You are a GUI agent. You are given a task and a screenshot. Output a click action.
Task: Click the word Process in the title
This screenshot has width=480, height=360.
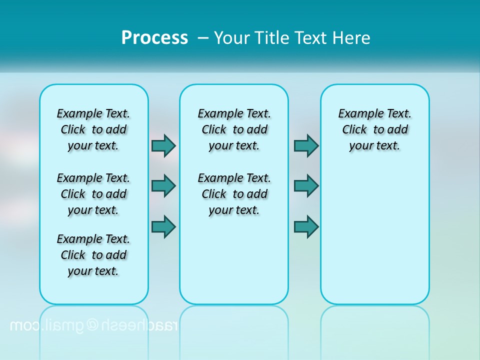pyautogui.click(x=154, y=38)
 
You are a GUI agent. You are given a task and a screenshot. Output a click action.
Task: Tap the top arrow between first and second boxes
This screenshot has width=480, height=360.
pyautogui.click(x=163, y=145)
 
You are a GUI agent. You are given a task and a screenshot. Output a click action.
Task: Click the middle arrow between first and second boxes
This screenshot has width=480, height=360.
pyautogui.click(x=163, y=186)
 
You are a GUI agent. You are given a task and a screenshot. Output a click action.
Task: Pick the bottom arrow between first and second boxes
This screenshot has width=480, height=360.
pyautogui.click(x=163, y=226)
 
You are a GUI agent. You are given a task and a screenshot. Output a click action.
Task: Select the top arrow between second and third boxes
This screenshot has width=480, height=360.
pyautogui.click(x=306, y=145)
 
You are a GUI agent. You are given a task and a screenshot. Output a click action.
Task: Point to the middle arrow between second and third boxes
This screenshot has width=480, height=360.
pyautogui.click(x=306, y=186)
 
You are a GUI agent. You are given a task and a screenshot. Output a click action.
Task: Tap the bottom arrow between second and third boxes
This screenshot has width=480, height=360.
pyautogui.click(x=306, y=226)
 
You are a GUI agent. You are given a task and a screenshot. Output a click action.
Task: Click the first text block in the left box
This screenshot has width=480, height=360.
pyautogui.click(x=93, y=129)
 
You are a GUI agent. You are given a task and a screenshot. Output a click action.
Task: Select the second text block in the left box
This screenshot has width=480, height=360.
pyautogui.click(x=93, y=194)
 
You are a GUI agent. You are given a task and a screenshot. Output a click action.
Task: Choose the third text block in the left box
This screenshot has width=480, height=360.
pyautogui.click(x=93, y=255)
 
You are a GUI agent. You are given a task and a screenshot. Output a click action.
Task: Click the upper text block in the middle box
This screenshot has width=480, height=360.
pyautogui.click(x=234, y=129)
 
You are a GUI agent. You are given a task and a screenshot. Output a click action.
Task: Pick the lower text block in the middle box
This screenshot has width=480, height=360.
pyautogui.click(x=234, y=194)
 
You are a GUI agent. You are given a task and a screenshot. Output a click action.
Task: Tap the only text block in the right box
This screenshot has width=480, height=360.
pyautogui.click(x=374, y=129)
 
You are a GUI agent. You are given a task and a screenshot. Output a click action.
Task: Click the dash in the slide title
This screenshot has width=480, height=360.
pyautogui.click(x=203, y=38)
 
